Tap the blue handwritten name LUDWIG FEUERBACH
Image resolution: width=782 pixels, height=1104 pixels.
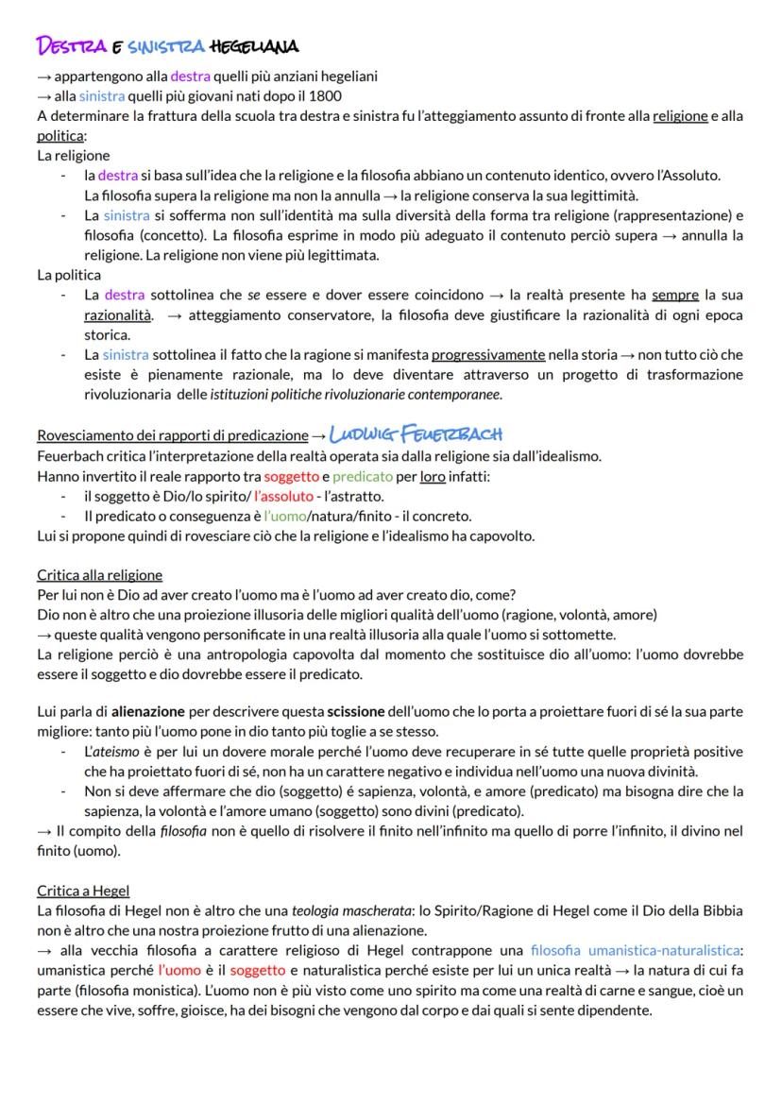[x=416, y=433]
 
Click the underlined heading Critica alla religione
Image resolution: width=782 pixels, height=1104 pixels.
[x=99, y=574]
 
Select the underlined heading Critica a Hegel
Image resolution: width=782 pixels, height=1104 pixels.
[x=83, y=890]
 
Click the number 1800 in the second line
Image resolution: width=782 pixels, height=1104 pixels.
[x=324, y=95]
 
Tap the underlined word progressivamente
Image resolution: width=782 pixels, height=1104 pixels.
[x=488, y=355]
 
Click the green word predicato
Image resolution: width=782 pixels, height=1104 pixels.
[x=363, y=475]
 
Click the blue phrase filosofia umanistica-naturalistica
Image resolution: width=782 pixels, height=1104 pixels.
[x=636, y=949]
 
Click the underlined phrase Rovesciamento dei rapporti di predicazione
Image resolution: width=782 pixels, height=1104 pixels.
[x=172, y=435]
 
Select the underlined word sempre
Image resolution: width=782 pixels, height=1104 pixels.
[x=674, y=295]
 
